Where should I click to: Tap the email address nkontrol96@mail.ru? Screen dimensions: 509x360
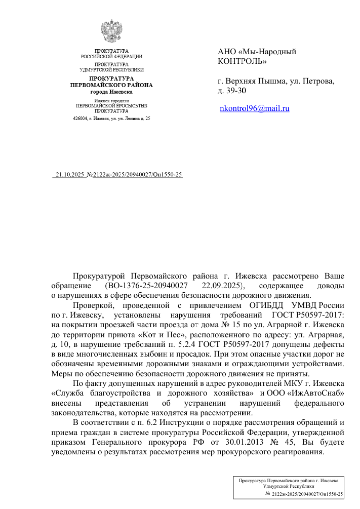[x=254, y=108]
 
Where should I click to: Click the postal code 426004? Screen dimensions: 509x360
[x=81, y=119]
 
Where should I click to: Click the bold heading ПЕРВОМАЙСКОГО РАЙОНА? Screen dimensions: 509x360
[x=111, y=85]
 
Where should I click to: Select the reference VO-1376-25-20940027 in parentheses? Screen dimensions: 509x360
[x=147, y=286]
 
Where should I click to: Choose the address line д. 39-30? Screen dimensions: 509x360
[x=231, y=91]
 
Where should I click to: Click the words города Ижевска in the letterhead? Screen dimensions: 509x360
[x=111, y=92]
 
